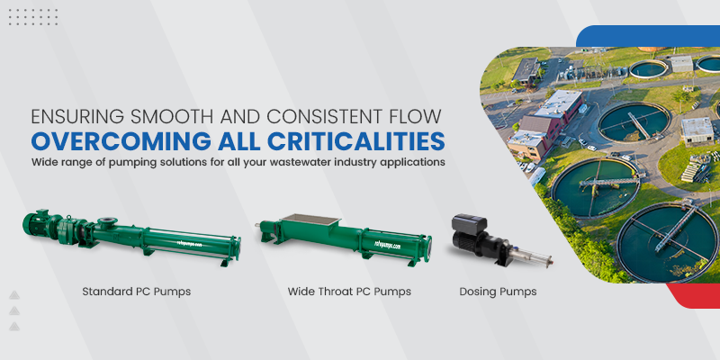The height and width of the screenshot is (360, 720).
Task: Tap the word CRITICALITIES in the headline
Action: click(356, 141)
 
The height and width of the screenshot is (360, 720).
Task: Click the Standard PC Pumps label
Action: click(137, 292)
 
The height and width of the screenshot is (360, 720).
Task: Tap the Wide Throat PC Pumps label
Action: click(349, 292)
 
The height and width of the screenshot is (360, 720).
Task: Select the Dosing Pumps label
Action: click(498, 292)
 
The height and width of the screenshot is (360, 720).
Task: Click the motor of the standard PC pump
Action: click(40, 222)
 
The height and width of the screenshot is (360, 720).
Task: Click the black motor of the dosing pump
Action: click(468, 237)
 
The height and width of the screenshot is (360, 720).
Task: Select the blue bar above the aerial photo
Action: click(647, 36)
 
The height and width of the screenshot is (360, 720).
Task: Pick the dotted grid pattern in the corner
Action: click(33, 17)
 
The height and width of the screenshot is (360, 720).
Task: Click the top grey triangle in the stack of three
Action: click(14, 295)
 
